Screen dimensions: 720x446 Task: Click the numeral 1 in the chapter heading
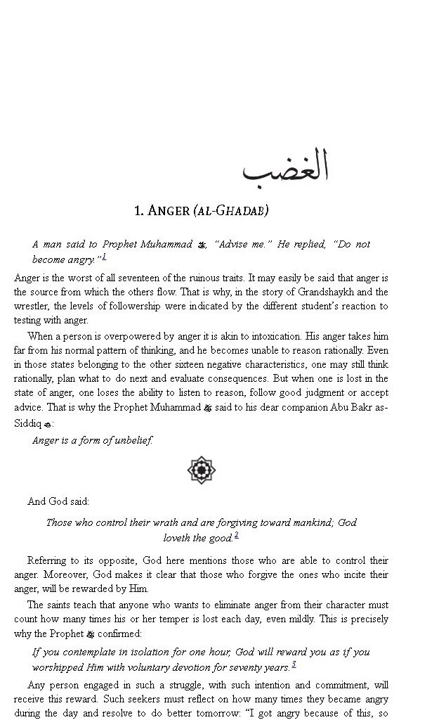click(x=138, y=210)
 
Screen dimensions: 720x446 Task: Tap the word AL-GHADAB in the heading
click(x=235, y=210)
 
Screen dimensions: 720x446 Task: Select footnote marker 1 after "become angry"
click(x=104, y=257)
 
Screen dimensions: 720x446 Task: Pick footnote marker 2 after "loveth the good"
click(x=237, y=535)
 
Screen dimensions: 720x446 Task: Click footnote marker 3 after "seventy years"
click(x=294, y=664)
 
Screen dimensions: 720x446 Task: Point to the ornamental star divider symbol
click(x=202, y=470)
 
